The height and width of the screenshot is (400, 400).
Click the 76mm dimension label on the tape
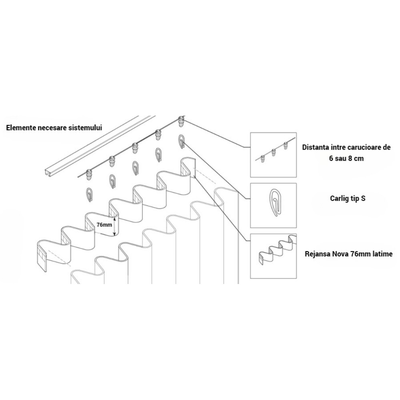coord(104,225)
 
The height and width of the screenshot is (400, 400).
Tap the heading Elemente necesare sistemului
coord(54,128)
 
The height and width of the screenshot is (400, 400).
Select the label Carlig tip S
coord(348,198)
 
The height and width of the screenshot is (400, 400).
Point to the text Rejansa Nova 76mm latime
coord(348,254)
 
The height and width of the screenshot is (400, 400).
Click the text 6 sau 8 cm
coord(346,158)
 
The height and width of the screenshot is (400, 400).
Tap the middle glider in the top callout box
coord(274,152)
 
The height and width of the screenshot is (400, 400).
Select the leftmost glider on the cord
coord(89,175)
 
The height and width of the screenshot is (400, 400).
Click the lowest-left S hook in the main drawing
coord(89,195)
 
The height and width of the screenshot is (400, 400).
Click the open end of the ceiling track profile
coord(47,173)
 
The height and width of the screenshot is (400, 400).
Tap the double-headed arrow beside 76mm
coord(114,226)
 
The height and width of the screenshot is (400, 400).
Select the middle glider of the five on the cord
coord(134,148)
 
